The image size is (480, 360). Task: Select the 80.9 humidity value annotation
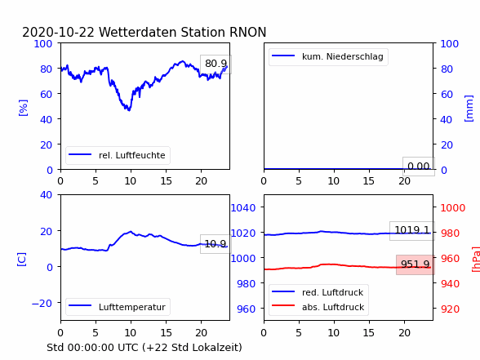tap(216, 64)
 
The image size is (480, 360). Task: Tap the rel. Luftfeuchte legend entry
tap(118, 155)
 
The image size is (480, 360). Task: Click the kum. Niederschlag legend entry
tap(328, 56)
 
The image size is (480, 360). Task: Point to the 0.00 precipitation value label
tap(419, 167)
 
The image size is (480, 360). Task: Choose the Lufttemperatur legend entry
tap(118, 307)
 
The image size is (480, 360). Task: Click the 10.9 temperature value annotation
tap(216, 244)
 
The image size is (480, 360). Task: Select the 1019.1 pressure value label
tap(412, 230)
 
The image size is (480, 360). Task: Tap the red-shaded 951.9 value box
tap(415, 264)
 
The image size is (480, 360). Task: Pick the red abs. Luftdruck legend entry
tap(318, 307)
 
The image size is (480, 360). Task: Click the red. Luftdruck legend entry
tap(318, 292)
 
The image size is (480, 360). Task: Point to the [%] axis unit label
tap(23, 108)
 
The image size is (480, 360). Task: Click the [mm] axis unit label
tap(469, 109)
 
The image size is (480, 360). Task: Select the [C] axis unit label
tap(22, 260)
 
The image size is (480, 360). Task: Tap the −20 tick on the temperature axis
tap(42, 304)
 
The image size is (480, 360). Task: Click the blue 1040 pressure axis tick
tap(243, 208)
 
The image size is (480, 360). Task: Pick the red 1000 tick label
tap(453, 208)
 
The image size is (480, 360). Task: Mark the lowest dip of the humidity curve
tap(129, 109)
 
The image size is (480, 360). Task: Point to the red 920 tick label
tap(450, 309)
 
